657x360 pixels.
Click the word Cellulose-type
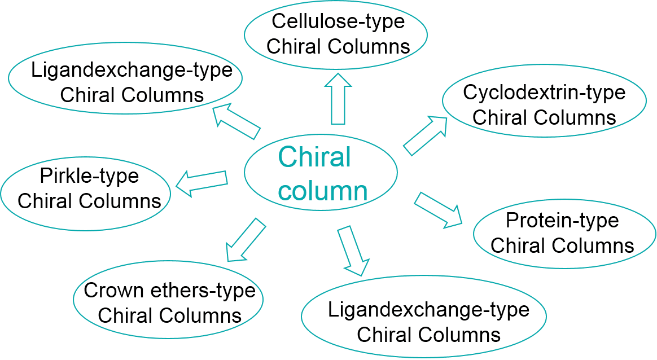338,22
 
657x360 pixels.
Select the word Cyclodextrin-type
544,92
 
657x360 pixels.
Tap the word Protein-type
562,221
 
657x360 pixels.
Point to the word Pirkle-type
89,176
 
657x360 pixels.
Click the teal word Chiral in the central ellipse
314,157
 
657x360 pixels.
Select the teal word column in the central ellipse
323,191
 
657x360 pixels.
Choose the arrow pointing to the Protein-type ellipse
438,210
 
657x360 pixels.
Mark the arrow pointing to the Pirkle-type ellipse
202,182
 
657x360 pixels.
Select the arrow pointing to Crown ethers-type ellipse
244,239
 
